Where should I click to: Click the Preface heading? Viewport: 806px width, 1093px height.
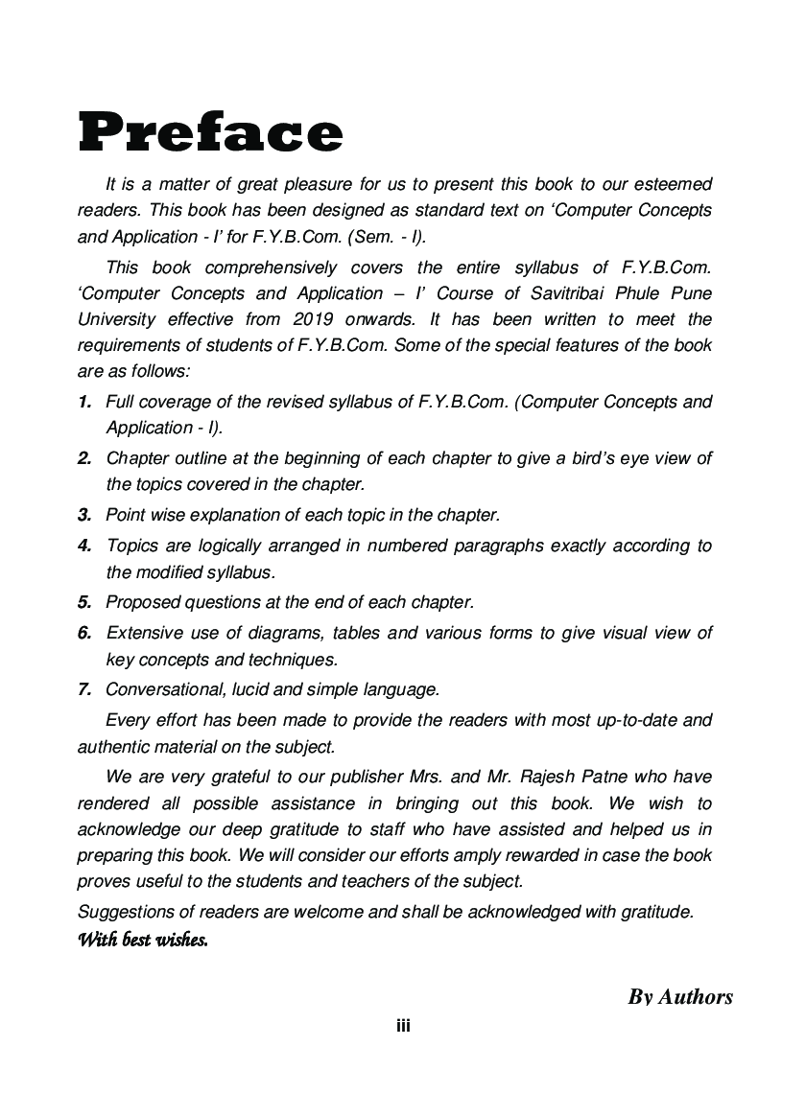210,132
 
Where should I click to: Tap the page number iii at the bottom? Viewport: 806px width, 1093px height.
403,1026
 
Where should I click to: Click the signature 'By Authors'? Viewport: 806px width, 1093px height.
680,997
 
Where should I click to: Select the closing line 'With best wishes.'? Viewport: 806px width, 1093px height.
143,940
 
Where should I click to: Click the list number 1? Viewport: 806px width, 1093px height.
84,402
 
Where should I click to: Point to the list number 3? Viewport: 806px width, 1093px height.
84,515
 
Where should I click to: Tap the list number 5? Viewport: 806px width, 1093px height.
84,602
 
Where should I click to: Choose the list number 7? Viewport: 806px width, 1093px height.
84,688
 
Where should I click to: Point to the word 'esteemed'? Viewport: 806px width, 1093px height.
672,183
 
